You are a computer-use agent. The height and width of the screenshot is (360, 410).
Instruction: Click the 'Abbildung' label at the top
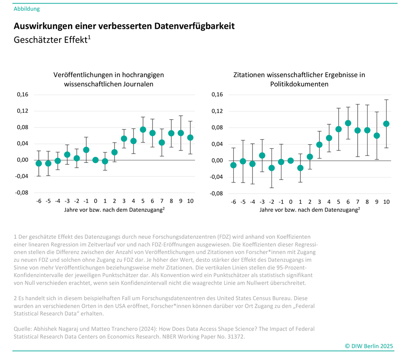pyautogui.click(x=27, y=9)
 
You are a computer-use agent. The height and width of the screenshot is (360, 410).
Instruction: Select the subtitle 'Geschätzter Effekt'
pyautogui.click(x=51, y=40)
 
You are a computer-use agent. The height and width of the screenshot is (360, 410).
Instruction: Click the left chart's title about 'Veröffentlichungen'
pyautogui.click(x=108, y=79)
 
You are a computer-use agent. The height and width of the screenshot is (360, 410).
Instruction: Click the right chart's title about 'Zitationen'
pyautogui.click(x=299, y=79)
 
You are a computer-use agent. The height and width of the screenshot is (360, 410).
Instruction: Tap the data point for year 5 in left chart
pyautogui.click(x=143, y=130)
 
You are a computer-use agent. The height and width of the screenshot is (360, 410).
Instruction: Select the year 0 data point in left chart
pyautogui.click(x=96, y=160)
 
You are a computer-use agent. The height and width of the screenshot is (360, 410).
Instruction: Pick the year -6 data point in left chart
pyautogui.click(x=39, y=164)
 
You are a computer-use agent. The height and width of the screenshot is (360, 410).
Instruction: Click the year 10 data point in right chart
pyautogui.click(x=386, y=124)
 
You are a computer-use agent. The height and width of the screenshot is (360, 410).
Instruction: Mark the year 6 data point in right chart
pyautogui.click(x=348, y=123)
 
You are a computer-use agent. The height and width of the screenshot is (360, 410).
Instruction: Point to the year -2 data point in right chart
pyautogui.click(x=272, y=168)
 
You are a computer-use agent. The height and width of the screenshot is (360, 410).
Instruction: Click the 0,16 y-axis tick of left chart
pyautogui.click(x=23, y=95)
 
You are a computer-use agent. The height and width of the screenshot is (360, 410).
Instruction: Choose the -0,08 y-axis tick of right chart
pyautogui.click(x=216, y=193)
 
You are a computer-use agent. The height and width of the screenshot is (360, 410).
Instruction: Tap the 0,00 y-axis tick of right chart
pyautogui.click(x=217, y=160)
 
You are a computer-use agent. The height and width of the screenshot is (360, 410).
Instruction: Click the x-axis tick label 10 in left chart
pyautogui.click(x=190, y=201)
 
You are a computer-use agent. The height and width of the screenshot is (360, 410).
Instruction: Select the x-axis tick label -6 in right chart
pyautogui.click(x=233, y=201)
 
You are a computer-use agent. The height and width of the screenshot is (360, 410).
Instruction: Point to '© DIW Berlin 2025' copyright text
pyautogui.click(x=369, y=346)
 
